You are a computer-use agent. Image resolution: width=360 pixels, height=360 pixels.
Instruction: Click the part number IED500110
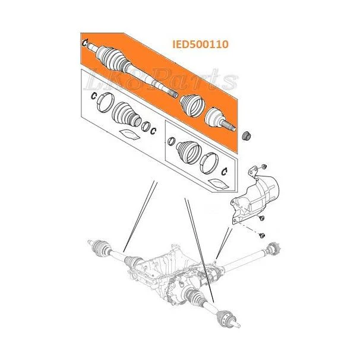[x=200, y=44]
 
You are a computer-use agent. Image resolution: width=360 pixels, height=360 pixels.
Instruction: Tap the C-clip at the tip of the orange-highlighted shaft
[x=84, y=43]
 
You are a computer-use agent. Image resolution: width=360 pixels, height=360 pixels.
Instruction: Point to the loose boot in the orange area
[x=192, y=106]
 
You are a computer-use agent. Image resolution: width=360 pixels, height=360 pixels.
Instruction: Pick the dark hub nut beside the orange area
[x=247, y=135]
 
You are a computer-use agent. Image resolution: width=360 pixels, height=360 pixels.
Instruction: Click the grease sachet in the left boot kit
[x=130, y=134]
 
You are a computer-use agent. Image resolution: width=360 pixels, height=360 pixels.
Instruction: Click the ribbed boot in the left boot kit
[x=126, y=115]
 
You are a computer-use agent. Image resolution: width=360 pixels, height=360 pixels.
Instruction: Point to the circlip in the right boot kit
[x=225, y=171]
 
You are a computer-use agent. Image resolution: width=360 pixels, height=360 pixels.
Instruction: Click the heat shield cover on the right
[x=255, y=197]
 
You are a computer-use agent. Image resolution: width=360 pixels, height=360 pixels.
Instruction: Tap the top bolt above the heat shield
[x=264, y=166]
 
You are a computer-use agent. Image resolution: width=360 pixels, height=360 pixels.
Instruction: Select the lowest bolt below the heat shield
[x=262, y=235]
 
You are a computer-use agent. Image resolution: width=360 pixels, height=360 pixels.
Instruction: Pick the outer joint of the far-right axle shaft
[x=273, y=248]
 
